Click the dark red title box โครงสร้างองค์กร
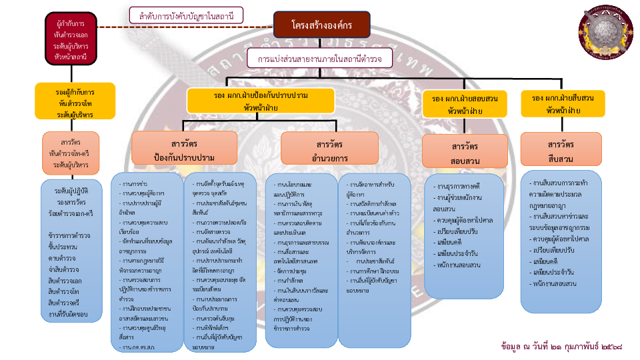pyautogui.click(x=321, y=25)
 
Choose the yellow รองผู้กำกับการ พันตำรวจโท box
pyautogui.click(x=75, y=101)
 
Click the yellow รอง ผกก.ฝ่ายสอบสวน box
pyautogui.click(x=465, y=103)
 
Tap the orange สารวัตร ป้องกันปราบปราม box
pyautogui.click(x=184, y=148)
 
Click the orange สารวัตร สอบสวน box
pyautogui.click(x=465, y=151)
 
